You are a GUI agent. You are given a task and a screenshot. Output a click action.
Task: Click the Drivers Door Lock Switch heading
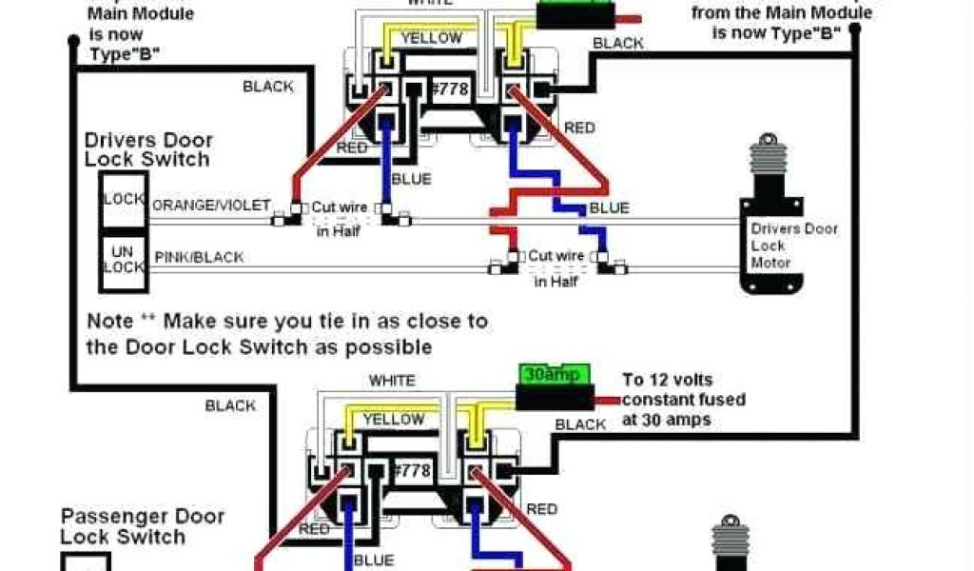(x=148, y=150)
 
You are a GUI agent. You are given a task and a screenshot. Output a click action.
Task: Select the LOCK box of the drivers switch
(x=124, y=201)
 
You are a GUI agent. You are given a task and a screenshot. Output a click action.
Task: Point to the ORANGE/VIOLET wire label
(x=211, y=206)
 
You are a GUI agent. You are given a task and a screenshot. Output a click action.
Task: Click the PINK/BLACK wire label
(x=198, y=257)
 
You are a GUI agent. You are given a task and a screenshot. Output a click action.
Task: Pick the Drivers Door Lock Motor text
(x=793, y=246)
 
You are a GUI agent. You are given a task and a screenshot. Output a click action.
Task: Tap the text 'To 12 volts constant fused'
(x=682, y=390)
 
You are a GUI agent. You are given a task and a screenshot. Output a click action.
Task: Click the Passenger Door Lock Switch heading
(x=143, y=526)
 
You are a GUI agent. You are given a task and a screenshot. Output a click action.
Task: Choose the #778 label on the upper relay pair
(x=450, y=89)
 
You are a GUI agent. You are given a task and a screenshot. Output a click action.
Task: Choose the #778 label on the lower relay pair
(x=412, y=471)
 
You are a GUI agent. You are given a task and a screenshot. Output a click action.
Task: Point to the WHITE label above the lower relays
(x=392, y=381)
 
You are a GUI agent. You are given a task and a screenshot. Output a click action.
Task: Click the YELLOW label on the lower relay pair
(x=394, y=419)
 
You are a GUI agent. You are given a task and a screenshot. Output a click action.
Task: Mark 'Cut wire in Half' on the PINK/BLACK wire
(x=556, y=267)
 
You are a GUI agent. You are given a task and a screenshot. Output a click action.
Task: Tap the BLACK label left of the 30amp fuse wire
(x=580, y=424)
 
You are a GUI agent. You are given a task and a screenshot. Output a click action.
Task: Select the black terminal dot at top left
(x=73, y=41)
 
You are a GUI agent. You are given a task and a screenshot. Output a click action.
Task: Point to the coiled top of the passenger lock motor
(x=730, y=535)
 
